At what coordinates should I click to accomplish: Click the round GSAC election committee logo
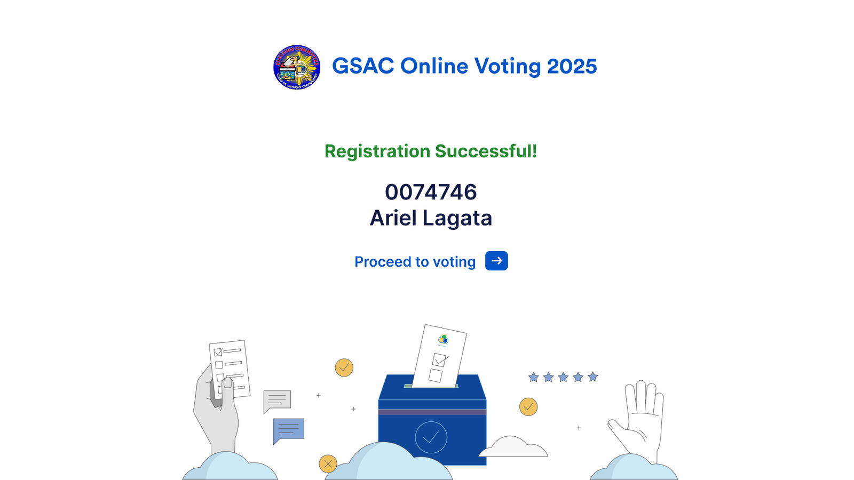point(297,67)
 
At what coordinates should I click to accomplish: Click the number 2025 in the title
point(572,66)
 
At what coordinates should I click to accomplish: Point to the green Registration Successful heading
point(431,151)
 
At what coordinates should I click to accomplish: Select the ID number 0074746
point(431,192)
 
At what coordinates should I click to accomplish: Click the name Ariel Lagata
point(431,218)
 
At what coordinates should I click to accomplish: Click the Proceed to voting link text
point(415,262)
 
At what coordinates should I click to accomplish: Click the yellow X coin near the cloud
point(328,463)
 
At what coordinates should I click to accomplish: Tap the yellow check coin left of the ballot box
point(344,367)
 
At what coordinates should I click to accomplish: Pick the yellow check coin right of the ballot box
point(528,407)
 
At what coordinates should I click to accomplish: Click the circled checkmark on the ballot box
point(431,437)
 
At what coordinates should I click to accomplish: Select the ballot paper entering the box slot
point(439,356)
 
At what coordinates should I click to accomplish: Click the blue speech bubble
point(288,430)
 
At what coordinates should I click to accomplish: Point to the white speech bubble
point(277,401)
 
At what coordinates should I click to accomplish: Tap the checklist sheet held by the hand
point(230,368)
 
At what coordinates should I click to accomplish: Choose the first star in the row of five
point(533,378)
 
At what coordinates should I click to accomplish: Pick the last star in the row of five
point(593,377)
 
